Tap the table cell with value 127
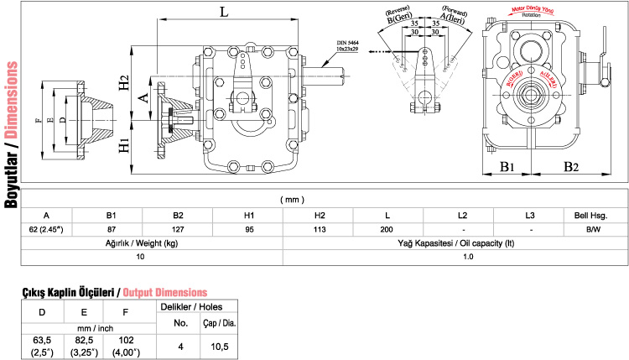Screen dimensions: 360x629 (172, 229)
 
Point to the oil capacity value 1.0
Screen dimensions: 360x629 (455, 256)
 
